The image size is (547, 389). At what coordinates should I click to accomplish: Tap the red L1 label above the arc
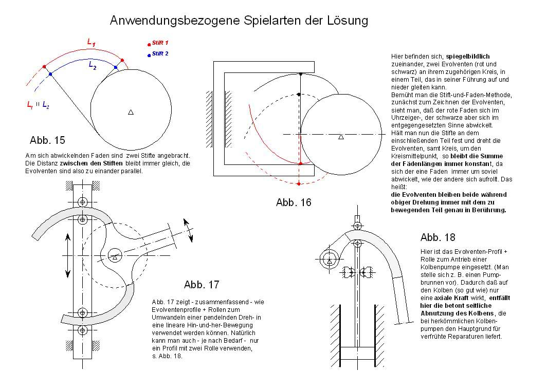coord(91,44)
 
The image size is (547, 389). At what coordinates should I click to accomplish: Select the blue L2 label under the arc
coord(93,65)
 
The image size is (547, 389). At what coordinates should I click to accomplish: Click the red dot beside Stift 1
coord(149,45)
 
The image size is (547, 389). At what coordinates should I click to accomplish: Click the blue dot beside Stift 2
coord(149,54)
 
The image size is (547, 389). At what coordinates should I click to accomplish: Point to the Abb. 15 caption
coord(47,140)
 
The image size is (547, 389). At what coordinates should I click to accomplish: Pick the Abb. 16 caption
coord(294,202)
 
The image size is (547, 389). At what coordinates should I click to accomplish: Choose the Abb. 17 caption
coord(202,285)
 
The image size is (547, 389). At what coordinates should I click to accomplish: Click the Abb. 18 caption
coord(437,237)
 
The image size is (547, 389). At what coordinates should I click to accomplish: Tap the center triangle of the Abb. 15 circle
coord(131,112)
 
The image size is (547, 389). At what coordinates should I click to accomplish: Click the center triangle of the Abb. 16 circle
coord(340,137)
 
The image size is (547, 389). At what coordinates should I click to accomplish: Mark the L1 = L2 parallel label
coord(39,105)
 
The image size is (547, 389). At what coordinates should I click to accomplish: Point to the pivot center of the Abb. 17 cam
coord(115,252)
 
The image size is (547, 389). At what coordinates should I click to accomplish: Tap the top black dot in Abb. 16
coord(300,75)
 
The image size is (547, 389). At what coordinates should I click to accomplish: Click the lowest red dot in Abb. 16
coord(300,183)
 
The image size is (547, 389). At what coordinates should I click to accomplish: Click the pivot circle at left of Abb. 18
coord(329,258)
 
